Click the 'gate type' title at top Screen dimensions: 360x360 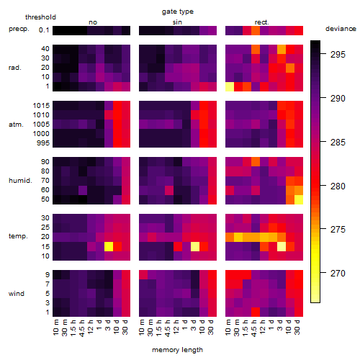tap(178, 12)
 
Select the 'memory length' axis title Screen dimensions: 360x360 tap(178, 350)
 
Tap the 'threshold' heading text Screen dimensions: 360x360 tap(40, 17)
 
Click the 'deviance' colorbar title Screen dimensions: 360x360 tap(341, 29)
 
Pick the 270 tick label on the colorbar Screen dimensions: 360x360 tap(338, 273)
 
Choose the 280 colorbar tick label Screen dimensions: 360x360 tap(338, 186)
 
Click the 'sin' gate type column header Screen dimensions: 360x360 tap(177, 22)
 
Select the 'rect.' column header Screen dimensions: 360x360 tap(262, 22)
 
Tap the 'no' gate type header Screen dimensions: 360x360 tap(93, 22)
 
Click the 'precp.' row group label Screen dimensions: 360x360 tap(19, 29)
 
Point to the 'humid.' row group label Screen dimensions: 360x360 tap(20, 180)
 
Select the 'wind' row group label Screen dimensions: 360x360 tap(17, 294)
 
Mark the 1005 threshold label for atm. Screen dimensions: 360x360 tap(41, 125)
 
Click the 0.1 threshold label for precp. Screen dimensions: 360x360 tap(44, 30)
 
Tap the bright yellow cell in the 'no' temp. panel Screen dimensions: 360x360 tap(109, 246)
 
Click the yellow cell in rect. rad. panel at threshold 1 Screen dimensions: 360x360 tap(230, 86)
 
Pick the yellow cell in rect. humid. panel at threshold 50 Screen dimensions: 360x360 tap(299, 199)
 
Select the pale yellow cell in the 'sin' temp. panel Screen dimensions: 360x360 tap(195, 246)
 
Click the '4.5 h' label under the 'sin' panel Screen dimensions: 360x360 tap(168, 328)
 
